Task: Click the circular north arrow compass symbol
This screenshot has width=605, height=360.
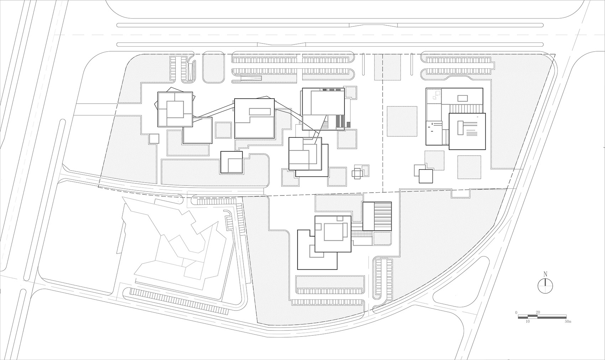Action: (x=545, y=286)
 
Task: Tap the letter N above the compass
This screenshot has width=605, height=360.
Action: (x=545, y=274)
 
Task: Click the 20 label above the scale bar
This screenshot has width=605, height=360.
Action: (x=538, y=312)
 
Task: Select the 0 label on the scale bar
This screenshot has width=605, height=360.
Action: (x=516, y=312)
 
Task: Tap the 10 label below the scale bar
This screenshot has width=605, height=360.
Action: (x=528, y=322)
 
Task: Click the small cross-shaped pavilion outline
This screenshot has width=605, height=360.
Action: (x=357, y=173)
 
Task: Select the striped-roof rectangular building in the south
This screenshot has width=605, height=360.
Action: (x=377, y=216)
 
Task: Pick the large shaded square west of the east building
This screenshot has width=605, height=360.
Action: (x=402, y=121)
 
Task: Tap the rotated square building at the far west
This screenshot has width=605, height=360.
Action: (x=175, y=109)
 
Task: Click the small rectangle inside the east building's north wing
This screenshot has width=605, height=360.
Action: (x=462, y=98)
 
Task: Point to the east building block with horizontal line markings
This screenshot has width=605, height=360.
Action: (x=467, y=131)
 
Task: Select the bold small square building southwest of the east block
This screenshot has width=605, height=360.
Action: (x=425, y=176)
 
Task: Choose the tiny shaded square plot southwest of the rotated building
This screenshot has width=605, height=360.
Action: (x=154, y=139)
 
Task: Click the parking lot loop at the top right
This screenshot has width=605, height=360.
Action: (x=458, y=67)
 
